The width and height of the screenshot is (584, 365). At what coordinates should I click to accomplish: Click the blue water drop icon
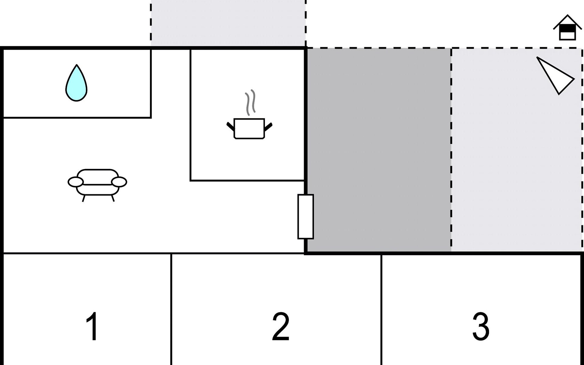[76, 83]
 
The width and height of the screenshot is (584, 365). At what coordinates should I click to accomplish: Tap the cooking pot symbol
[249, 129]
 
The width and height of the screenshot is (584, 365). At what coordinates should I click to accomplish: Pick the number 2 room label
[280, 326]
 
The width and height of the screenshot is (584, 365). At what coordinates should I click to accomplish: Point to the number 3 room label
[481, 326]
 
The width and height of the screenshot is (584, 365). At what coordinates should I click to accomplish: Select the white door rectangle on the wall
[306, 217]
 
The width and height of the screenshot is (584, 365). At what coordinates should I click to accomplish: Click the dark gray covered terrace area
[379, 150]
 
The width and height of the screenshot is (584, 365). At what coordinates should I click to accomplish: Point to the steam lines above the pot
[250, 102]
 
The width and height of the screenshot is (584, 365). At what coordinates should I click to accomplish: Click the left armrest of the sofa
[75, 182]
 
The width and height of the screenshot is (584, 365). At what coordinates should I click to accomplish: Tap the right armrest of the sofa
[119, 182]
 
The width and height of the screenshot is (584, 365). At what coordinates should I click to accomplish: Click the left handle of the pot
[231, 126]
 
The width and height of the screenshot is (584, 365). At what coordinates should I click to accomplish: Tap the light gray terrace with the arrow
[517, 150]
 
